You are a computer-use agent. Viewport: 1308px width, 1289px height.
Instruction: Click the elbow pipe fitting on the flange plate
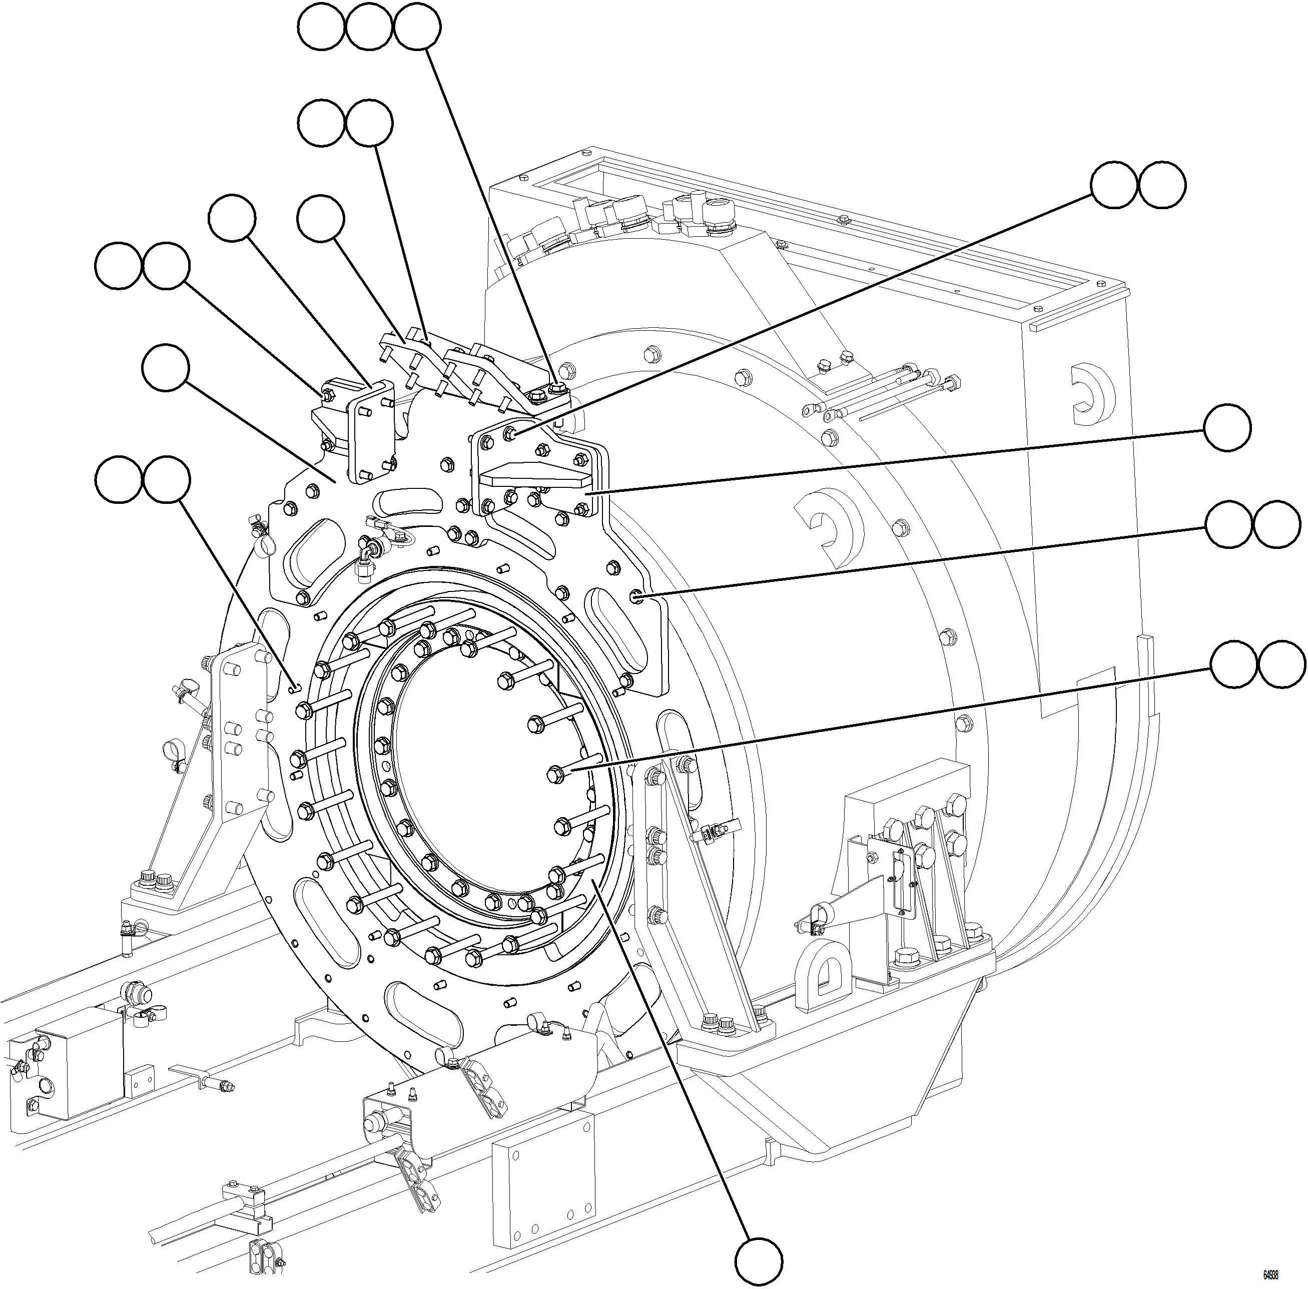(366, 552)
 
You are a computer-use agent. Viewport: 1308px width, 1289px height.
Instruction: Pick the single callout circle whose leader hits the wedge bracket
(1227, 428)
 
